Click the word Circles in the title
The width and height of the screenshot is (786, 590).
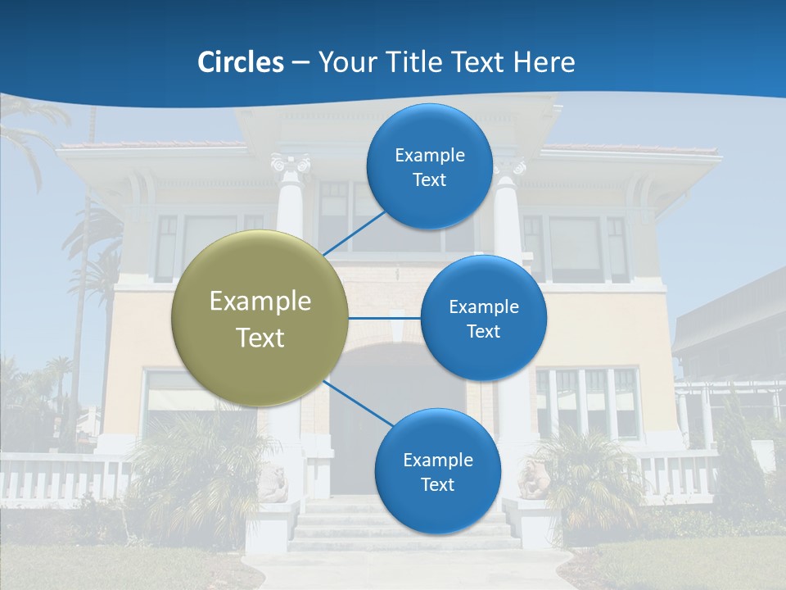click(240, 62)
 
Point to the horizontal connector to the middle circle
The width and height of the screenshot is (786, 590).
click(385, 318)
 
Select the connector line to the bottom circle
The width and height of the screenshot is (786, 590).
click(357, 404)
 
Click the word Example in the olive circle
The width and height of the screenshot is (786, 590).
click(260, 302)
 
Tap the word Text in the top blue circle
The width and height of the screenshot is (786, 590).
click(429, 180)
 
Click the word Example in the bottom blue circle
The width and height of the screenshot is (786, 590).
click(437, 460)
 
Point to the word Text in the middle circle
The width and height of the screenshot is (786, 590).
click(483, 332)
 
